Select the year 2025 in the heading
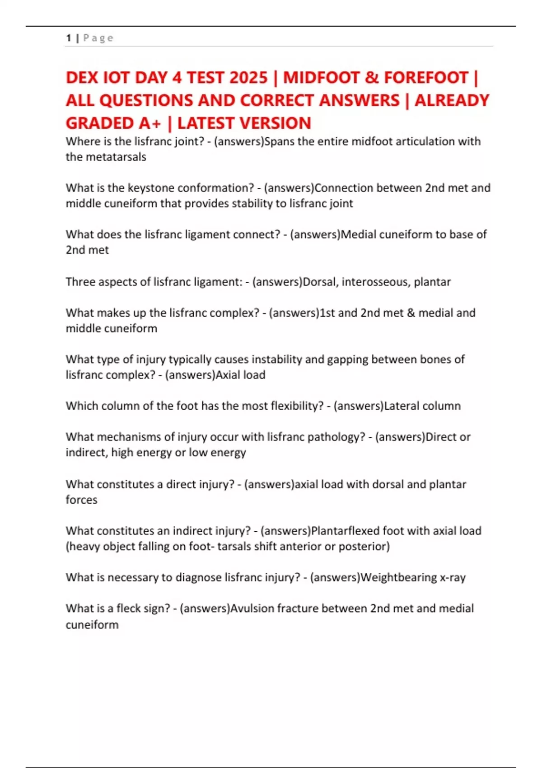pos(248,78)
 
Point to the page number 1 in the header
pos(68,38)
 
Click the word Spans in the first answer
pos(279,141)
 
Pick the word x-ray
pos(453,577)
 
